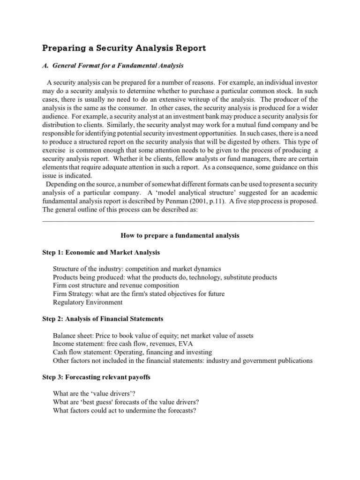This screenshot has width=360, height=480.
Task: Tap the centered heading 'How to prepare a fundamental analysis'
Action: pyautogui.click(x=180, y=235)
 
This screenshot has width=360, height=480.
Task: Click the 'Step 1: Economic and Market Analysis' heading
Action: pyautogui.click(x=101, y=252)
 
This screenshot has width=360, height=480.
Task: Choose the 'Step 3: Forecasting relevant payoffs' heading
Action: pyautogui.click(x=97, y=377)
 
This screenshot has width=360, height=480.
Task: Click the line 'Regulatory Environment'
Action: pyautogui.click(x=88, y=302)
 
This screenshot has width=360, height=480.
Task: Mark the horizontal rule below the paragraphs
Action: pyautogui.click(x=178, y=220)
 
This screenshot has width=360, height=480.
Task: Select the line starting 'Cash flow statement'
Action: pyautogui.click(x=132, y=352)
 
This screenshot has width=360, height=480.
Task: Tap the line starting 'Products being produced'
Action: pyautogui.click(x=165, y=277)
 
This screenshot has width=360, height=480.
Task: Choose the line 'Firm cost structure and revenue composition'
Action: pyautogui.click(x=116, y=285)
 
